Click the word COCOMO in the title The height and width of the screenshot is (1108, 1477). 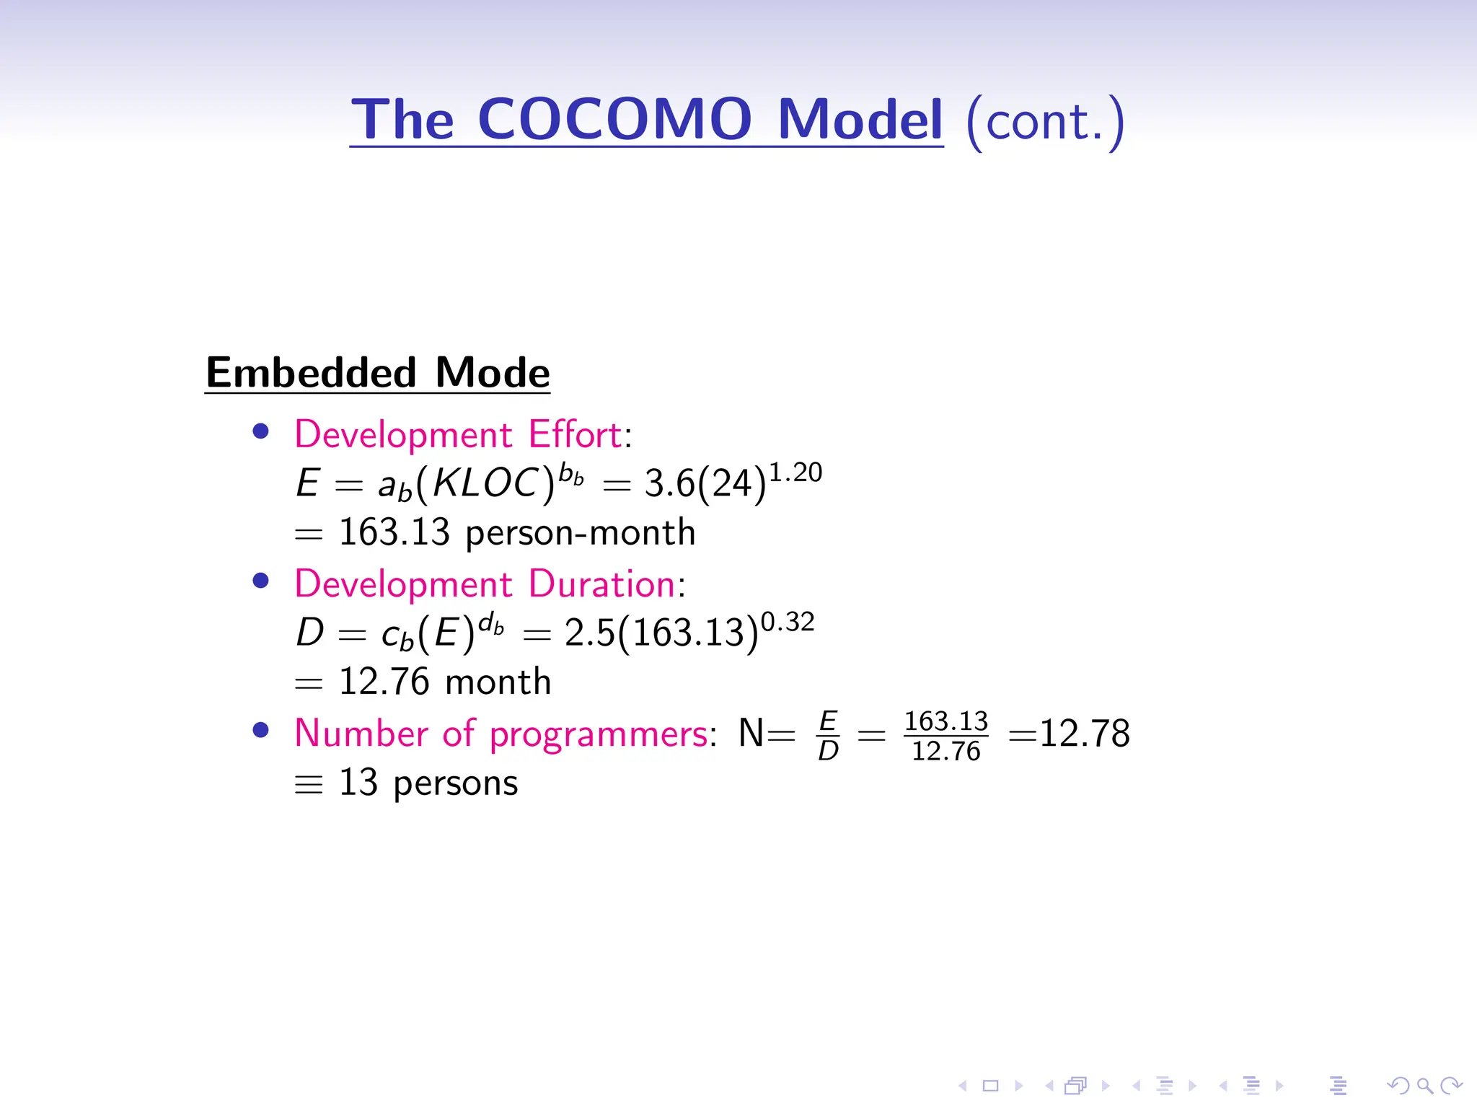(x=614, y=119)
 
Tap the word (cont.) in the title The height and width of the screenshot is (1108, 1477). (x=1045, y=121)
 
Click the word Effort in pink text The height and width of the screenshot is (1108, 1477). (x=575, y=434)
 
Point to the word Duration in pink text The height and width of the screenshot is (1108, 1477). (x=602, y=584)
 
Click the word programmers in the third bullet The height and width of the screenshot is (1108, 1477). (x=599, y=734)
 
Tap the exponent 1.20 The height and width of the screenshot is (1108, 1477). (x=795, y=472)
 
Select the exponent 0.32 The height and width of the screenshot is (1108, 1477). (x=788, y=622)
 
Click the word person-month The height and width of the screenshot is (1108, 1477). (x=580, y=533)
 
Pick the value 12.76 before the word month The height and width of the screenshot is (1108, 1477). (x=384, y=682)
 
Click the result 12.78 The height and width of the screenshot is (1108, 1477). (x=1084, y=734)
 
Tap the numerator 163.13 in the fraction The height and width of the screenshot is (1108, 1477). (x=945, y=721)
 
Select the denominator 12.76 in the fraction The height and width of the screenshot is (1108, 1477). (x=945, y=752)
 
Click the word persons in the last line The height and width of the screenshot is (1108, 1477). (x=455, y=783)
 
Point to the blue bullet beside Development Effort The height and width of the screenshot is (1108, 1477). (x=261, y=431)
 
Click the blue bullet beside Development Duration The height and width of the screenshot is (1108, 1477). (x=261, y=581)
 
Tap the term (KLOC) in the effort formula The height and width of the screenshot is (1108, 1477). (x=485, y=483)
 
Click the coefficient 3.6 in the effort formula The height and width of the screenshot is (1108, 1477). (x=669, y=483)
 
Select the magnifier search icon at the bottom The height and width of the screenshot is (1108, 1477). (x=1424, y=1085)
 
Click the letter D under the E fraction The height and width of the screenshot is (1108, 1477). (x=828, y=752)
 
